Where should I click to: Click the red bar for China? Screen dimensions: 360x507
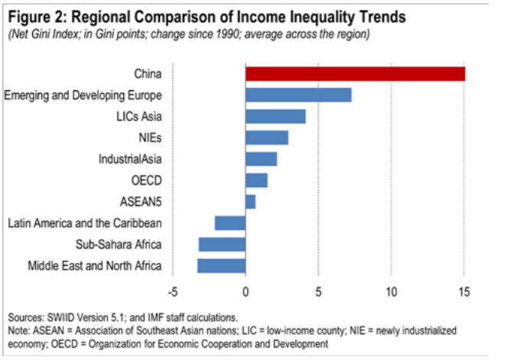coord(355,73)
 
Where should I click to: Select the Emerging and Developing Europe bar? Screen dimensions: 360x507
coord(298,95)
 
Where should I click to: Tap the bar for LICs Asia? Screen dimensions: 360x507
coord(275,116)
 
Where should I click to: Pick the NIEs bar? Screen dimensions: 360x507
coord(267,138)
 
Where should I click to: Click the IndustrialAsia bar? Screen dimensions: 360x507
coord(261,159)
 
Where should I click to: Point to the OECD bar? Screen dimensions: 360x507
coord(256,180)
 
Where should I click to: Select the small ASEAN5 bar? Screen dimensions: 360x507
coord(250,202)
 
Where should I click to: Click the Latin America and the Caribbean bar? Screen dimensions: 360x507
coord(230,223)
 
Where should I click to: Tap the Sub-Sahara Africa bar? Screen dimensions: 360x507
coord(222,245)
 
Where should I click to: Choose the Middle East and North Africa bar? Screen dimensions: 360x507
coord(221,266)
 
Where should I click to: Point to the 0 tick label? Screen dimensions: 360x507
coord(245,292)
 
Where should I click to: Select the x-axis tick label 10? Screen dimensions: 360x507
coord(391,292)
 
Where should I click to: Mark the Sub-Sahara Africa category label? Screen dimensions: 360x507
coord(119,245)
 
